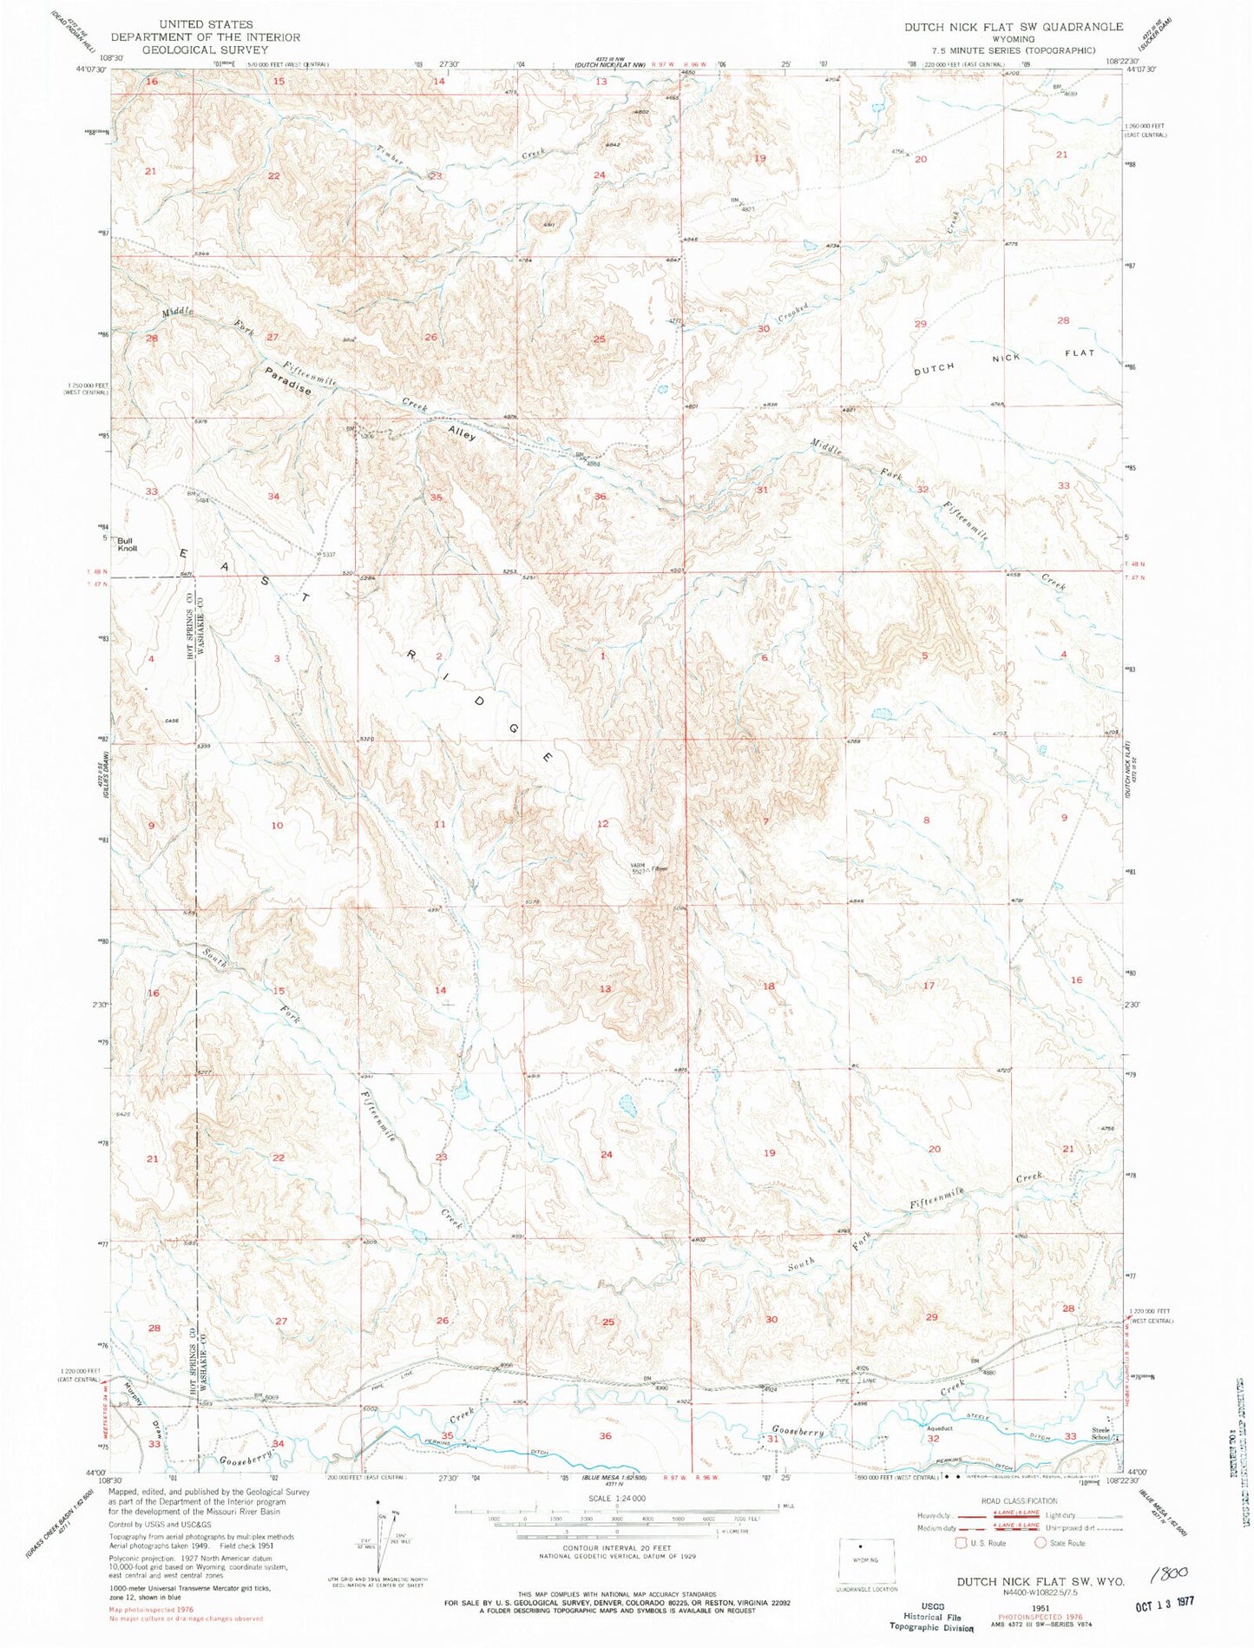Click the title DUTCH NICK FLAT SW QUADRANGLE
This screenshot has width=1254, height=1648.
(x=1013, y=27)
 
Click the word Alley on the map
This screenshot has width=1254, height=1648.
(x=462, y=433)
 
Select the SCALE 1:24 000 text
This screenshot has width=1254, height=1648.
(x=617, y=1499)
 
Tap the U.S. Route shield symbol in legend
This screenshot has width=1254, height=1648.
(x=960, y=1543)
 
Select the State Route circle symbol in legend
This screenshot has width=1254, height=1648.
(x=1041, y=1543)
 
